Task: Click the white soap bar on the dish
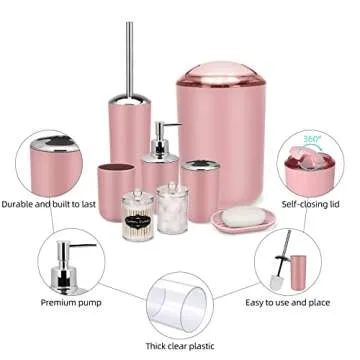pos(242,215)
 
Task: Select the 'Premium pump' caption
pos(68,301)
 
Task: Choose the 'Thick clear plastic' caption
pos(181,345)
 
